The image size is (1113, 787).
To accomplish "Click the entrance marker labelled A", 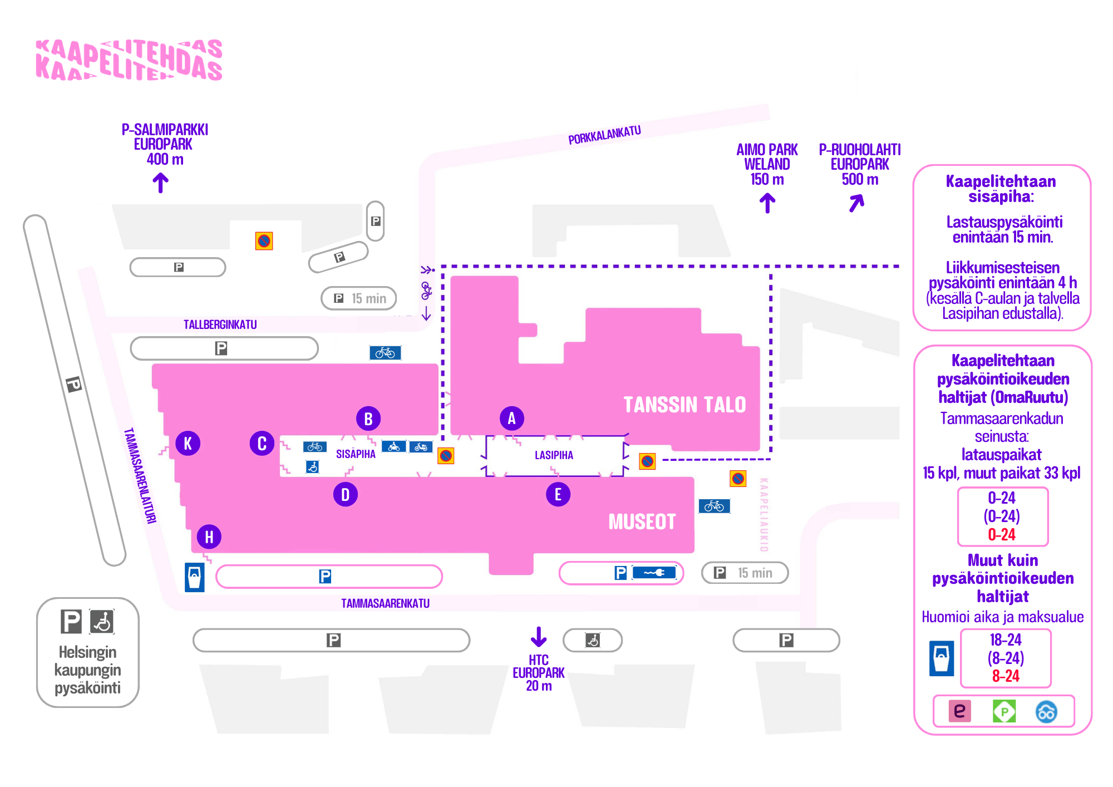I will point(511,419).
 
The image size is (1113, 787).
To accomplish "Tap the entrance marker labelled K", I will point(188,444).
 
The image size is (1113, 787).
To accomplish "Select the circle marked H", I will point(209,537).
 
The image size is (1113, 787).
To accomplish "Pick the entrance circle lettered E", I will point(558,494).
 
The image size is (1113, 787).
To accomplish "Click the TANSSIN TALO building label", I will point(684,405).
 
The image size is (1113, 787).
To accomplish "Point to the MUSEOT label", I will point(642,522).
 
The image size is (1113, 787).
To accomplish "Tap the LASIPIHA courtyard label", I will point(554,455).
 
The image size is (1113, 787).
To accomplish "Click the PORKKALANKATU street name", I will point(604,135).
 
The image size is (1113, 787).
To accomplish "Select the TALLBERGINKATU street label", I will point(220,324).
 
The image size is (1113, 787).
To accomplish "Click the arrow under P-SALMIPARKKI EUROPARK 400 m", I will point(161,183).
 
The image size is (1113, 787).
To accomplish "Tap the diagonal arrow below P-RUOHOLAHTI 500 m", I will point(857,203).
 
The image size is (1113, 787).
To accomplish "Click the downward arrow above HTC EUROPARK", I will point(538,637).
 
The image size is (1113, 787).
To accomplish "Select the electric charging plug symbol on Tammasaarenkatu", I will point(654,573).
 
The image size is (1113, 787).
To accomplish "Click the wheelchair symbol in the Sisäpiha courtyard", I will point(312,466).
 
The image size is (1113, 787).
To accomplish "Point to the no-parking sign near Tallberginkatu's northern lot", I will point(264,241).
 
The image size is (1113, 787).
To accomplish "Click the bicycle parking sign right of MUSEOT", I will point(715,506).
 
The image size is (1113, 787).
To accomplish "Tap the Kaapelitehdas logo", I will point(129,60).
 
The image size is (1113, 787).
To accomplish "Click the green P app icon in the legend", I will point(1004,711).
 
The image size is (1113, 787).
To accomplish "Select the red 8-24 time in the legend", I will point(1006,676).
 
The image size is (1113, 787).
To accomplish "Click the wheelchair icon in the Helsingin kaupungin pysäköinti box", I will point(102,622).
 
